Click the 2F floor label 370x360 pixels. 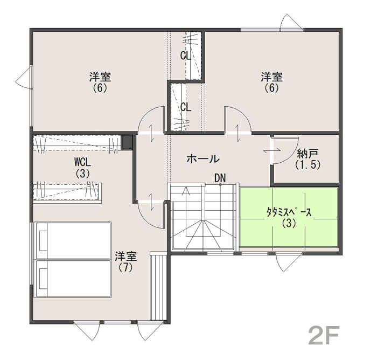pos(324,335)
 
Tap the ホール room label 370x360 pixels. pos(203,159)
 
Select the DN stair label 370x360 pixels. pos(220,178)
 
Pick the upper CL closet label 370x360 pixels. pos(185,56)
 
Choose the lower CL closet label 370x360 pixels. pos(186,107)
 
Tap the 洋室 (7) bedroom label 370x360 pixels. pos(126,262)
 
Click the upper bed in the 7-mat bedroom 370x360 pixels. pos(73,240)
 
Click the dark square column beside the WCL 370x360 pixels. pos(127,142)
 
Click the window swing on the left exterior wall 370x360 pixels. pos(24,77)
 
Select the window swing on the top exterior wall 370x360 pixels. pos(292,22)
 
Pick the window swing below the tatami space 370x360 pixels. pos(289,263)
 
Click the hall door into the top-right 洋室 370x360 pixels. pos(237,120)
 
